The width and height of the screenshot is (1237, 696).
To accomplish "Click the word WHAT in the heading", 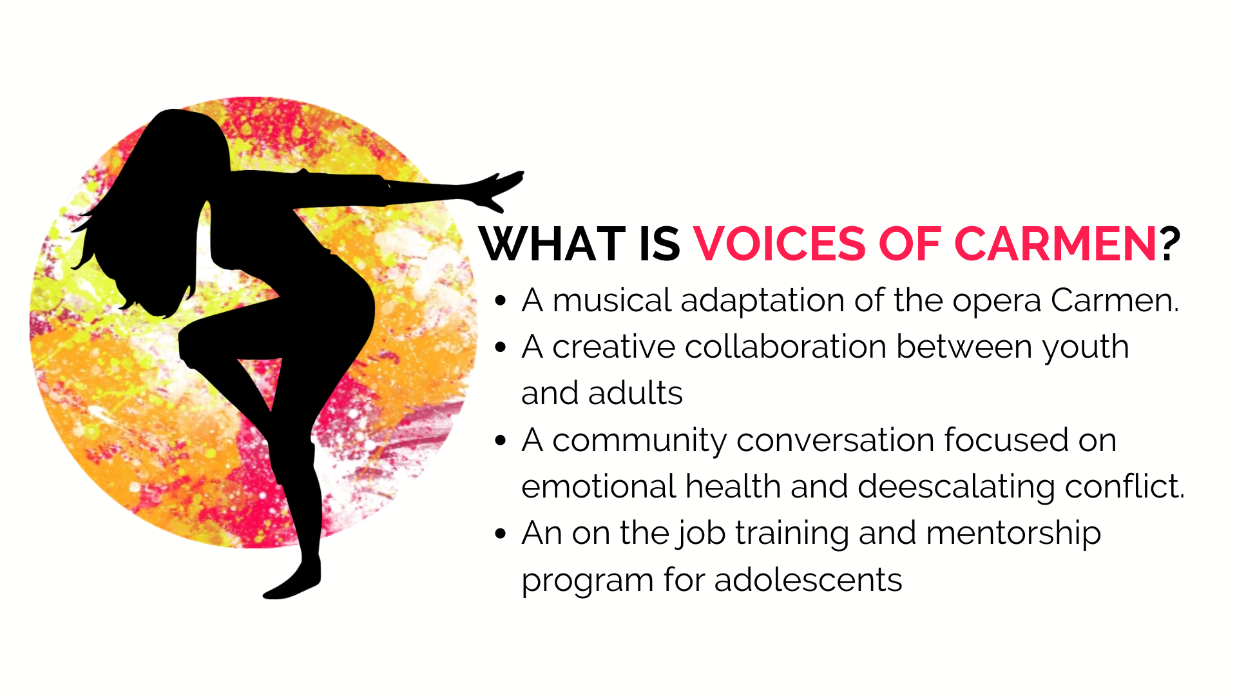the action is coord(553,244).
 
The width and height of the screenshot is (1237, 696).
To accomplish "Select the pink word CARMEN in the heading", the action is coord(1055,244).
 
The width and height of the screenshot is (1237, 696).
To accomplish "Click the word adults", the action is coord(635,393).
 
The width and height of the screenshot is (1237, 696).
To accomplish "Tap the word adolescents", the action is coord(808,580).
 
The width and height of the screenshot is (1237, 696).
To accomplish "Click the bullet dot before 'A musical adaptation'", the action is coord(501,301).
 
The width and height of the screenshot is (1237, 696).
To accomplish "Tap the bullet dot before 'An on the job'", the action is coord(501,534).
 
